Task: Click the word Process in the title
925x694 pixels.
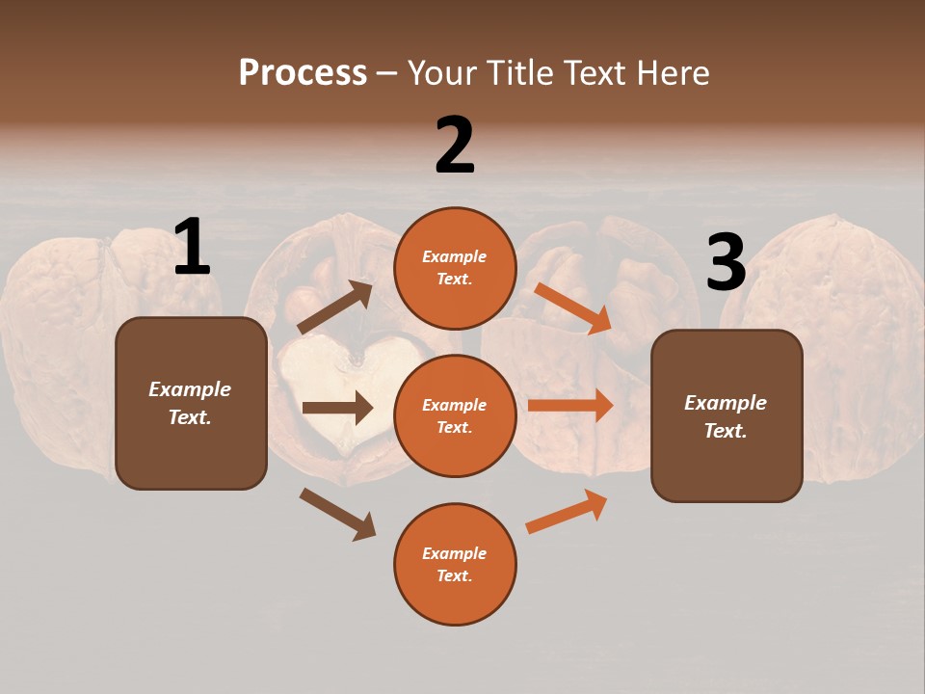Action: pyautogui.click(x=303, y=73)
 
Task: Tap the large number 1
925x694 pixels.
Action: pyautogui.click(x=192, y=248)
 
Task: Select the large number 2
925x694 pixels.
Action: pyautogui.click(x=455, y=146)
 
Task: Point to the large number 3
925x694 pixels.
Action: pyautogui.click(x=726, y=263)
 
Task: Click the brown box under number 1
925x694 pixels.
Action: pyautogui.click(x=191, y=403)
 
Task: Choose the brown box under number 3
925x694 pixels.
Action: pyautogui.click(x=727, y=415)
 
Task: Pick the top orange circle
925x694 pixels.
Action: pyautogui.click(x=455, y=268)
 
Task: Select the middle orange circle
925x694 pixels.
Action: pyautogui.click(x=455, y=415)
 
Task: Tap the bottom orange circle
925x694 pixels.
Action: pyautogui.click(x=455, y=564)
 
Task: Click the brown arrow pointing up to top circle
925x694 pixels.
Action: pyautogui.click(x=334, y=307)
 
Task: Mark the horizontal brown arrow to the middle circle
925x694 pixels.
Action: pyautogui.click(x=337, y=408)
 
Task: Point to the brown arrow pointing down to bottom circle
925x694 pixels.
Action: pyautogui.click(x=337, y=514)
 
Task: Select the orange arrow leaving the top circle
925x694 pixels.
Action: pyautogui.click(x=572, y=307)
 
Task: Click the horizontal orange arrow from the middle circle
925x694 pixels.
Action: pyautogui.click(x=570, y=405)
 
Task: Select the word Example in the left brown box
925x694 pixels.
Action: pyautogui.click(x=190, y=389)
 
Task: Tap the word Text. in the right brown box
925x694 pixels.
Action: pyautogui.click(x=726, y=431)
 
